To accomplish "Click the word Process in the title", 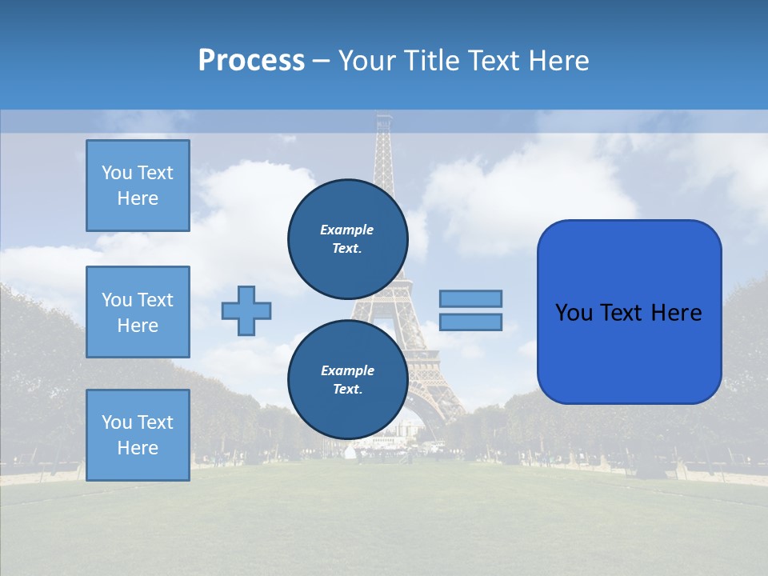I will pos(251,61).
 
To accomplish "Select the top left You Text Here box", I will pos(138,186).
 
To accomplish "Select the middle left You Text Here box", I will pos(138,312).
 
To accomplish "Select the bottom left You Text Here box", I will pos(138,435).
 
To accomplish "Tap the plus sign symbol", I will pos(246,310).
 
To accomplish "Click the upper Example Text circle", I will pos(347,238).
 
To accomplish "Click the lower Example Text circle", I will pos(347,380).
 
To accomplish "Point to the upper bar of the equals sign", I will pos(470,298).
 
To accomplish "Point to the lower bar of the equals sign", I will pos(470,322).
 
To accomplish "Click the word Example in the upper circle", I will pos(347,230).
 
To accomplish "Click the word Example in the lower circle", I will pos(347,370).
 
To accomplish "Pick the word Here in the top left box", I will pos(138,198).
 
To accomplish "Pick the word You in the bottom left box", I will pos(117,422).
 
